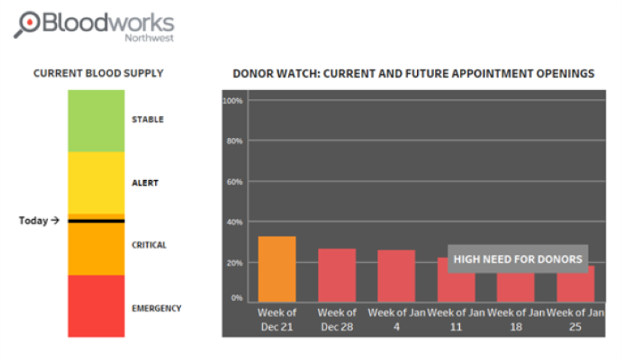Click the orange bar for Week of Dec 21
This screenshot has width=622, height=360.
click(x=277, y=269)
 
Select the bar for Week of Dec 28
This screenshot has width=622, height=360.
click(x=337, y=275)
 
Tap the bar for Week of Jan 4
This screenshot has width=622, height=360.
click(x=396, y=276)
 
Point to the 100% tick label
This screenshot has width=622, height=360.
click(x=233, y=101)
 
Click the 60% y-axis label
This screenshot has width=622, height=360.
click(x=234, y=182)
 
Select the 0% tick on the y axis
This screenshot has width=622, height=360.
click(x=237, y=298)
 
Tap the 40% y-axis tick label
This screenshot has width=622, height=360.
click(x=234, y=222)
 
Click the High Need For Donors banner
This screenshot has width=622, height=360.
click(x=518, y=259)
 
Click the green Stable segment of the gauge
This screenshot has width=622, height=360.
click(x=96, y=121)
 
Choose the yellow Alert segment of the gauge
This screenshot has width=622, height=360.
click(x=96, y=183)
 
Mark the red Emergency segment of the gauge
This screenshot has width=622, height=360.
click(x=96, y=306)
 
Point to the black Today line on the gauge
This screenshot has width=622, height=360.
click(x=96, y=220)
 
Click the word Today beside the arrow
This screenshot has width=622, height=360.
click(x=33, y=220)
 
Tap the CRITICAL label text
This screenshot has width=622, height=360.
click(x=149, y=245)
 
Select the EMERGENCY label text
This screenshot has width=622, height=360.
click(x=156, y=308)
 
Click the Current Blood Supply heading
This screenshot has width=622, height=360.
click(x=98, y=73)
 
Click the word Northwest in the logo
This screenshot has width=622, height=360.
click(x=149, y=38)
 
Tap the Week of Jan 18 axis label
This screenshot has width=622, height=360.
click(x=515, y=319)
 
